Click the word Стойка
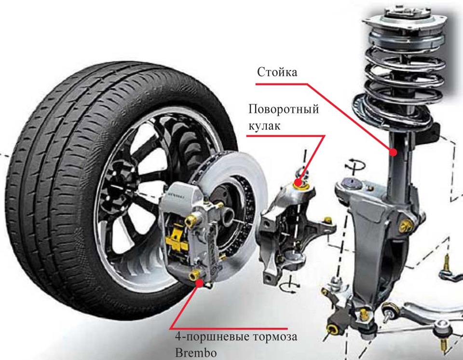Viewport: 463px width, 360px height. click(277, 72)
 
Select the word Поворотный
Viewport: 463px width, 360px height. click(284, 110)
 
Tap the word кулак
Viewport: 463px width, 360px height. click(264, 126)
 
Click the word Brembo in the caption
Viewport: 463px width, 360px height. click(196, 353)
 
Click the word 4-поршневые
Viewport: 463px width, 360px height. click(213, 337)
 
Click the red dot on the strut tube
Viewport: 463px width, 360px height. click(393, 152)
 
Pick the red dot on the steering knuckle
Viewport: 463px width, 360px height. click(299, 183)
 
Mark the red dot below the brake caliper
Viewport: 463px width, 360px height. click(200, 283)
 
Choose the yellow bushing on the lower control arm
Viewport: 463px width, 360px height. click(332, 328)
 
